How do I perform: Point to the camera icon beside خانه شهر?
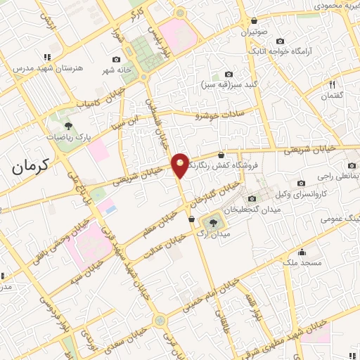(116, 59)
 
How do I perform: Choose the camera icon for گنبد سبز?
(229, 74)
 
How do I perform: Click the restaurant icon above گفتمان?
(332, 84)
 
